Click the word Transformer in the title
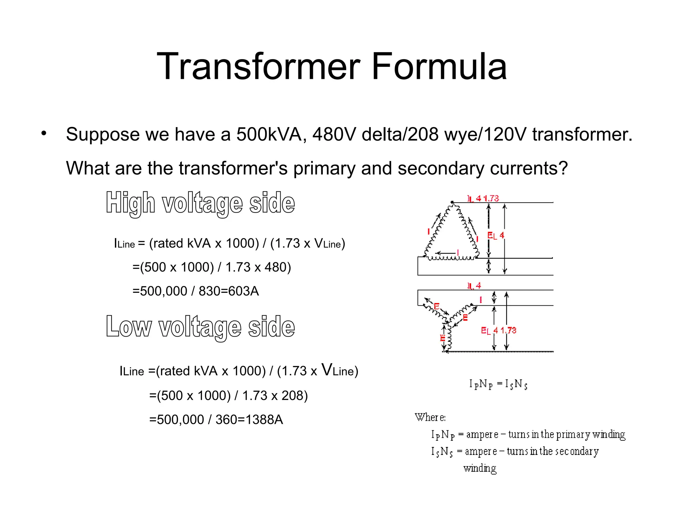pyautogui.click(x=258, y=67)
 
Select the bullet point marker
pyautogui.click(x=44, y=133)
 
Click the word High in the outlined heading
pyautogui.click(x=130, y=203)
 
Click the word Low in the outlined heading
pyautogui.click(x=129, y=327)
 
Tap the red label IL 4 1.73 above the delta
pyautogui.click(x=483, y=198)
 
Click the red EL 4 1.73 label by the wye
pyautogui.click(x=498, y=330)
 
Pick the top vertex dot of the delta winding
pyautogui.click(x=452, y=202)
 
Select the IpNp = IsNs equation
pyautogui.click(x=498, y=384)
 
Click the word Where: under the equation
pyautogui.click(x=430, y=418)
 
